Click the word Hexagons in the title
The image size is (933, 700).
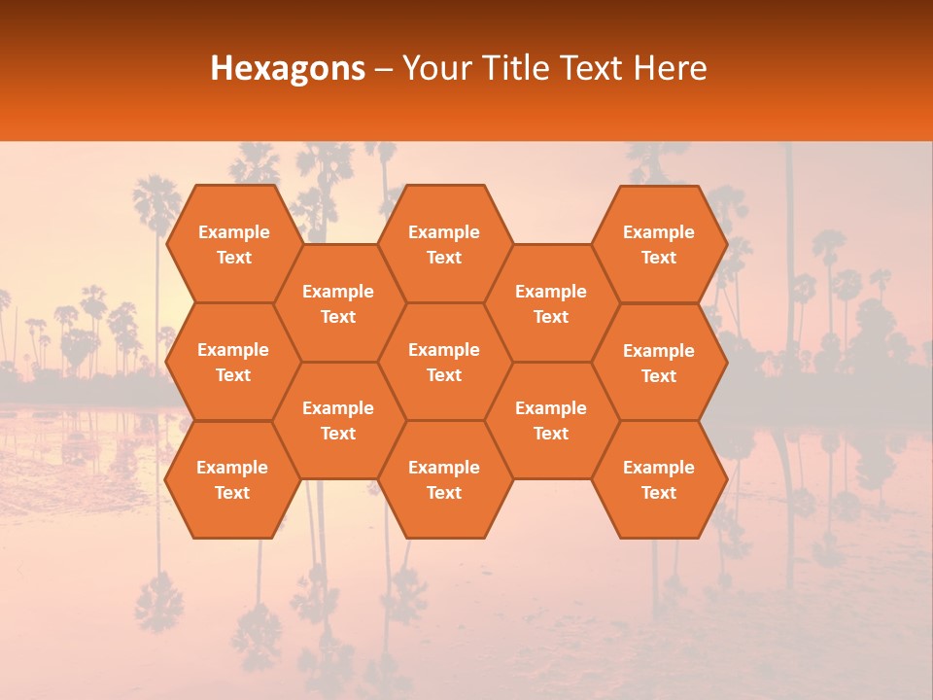click(288, 68)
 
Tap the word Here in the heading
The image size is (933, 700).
click(670, 68)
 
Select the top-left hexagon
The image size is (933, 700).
click(233, 244)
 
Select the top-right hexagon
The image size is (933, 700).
click(659, 244)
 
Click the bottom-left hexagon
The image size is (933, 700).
click(232, 479)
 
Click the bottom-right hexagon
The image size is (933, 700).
click(659, 479)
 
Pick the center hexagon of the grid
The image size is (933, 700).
click(444, 362)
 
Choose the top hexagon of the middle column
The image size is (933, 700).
click(444, 244)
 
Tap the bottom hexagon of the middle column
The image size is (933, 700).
click(444, 479)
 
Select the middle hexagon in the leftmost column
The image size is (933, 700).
click(233, 362)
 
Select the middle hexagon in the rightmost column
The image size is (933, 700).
click(659, 363)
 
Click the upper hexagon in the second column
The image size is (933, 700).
click(338, 303)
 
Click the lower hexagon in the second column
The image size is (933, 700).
click(338, 420)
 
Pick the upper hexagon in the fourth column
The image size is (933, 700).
click(551, 303)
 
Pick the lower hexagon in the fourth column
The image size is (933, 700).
click(551, 420)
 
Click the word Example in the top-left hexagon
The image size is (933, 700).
click(233, 232)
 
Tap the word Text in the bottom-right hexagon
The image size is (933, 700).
click(659, 493)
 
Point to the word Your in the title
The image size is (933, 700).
click(435, 68)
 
